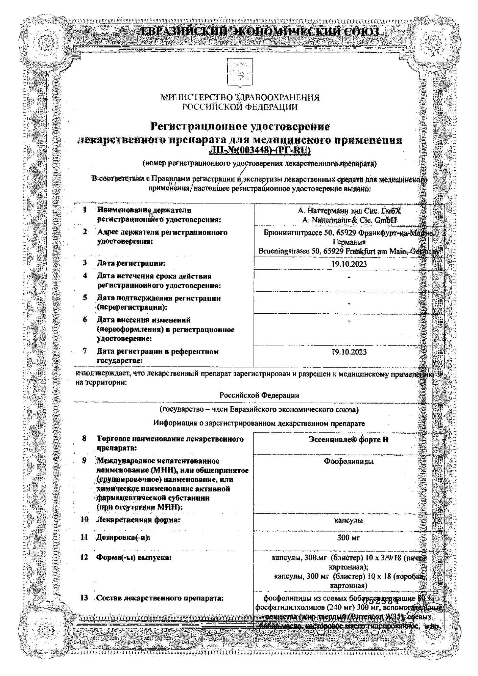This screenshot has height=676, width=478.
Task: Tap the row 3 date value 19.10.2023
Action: [349, 264]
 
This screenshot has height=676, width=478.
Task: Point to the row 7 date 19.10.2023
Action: [349, 352]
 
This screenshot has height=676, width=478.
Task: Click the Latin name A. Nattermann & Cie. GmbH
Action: [350, 220]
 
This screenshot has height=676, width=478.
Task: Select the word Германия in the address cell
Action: [349, 242]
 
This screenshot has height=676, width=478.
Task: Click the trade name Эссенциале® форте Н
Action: [349, 439]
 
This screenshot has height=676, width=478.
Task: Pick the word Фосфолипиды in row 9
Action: [349, 461]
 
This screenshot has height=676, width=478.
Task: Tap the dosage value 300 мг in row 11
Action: [349, 537]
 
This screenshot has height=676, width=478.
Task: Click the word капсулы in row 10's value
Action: [349, 521]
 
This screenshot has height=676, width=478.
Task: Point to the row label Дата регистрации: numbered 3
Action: [131, 263]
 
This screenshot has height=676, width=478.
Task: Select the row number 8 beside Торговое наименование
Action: [84, 439]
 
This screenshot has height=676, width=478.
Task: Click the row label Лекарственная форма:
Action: [138, 520]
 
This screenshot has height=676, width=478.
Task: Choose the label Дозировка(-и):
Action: [123, 537]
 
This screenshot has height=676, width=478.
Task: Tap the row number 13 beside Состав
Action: [84, 598]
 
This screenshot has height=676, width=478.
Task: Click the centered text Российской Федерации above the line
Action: [259, 395]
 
